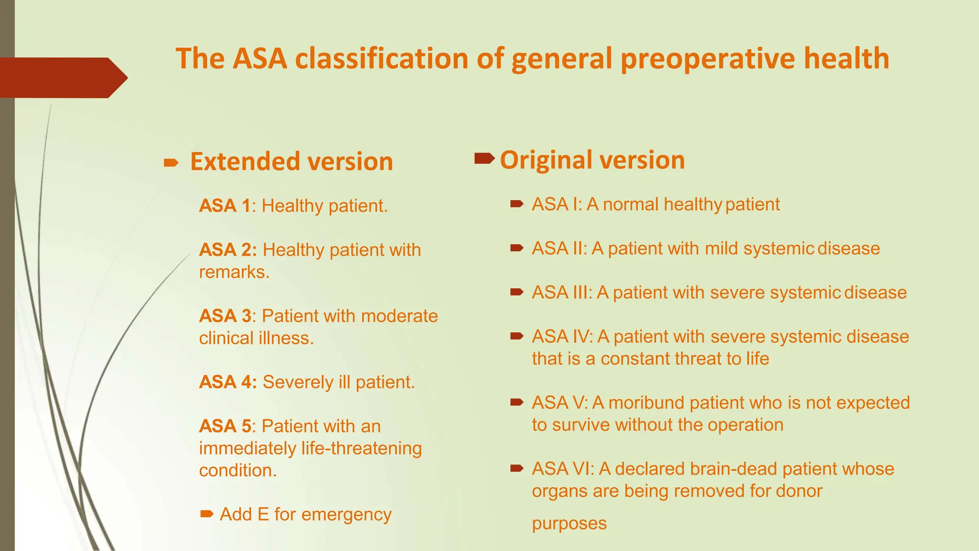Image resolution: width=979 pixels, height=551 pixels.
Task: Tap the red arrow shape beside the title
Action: tap(62, 77)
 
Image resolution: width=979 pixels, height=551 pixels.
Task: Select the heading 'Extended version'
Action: tap(291, 162)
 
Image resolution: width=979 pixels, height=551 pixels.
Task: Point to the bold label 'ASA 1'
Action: tap(225, 206)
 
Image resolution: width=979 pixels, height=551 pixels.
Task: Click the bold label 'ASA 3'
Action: tap(225, 316)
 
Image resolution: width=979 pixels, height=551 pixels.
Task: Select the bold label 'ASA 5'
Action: tap(225, 426)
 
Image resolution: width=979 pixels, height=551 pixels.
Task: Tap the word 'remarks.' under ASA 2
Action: tap(234, 272)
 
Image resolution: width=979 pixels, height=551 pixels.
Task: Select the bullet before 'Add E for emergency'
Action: tap(207, 514)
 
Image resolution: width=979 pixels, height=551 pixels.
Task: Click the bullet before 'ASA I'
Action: tap(517, 204)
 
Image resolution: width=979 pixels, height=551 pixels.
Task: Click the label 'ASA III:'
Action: tap(562, 293)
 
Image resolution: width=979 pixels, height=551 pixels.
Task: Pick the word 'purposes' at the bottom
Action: tap(569, 524)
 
